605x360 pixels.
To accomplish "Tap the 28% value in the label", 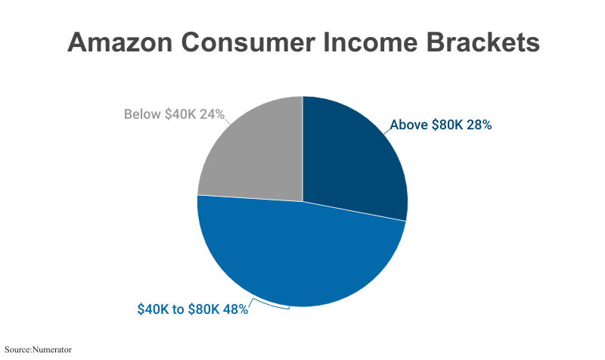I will click(479, 126).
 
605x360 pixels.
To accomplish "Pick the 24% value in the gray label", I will click(213, 115).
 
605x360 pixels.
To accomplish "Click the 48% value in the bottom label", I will click(234, 309).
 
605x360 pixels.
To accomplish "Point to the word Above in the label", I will click(408, 126).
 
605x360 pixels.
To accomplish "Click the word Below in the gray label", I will click(142, 115).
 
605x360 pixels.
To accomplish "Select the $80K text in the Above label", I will click(448, 126).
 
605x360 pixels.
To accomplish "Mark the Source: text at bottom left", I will click(18, 349).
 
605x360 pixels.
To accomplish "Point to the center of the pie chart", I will click(302, 201).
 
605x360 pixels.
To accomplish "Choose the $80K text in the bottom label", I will click(203, 309).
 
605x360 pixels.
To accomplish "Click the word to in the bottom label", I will click(178, 309).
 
